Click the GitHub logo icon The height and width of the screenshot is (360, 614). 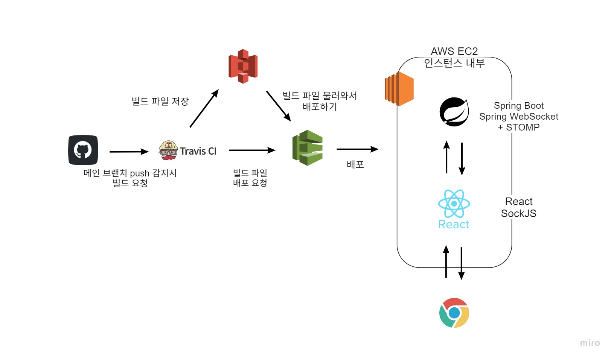point(83,150)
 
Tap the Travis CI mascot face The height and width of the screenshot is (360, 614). point(168,150)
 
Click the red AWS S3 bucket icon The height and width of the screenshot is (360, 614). point(243,66)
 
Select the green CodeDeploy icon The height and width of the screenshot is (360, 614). point(308,148)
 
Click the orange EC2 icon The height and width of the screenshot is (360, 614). point(399,89)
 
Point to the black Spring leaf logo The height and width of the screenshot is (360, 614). point(454,112)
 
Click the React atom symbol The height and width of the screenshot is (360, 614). point(454,204)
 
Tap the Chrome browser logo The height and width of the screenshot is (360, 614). point(454,313)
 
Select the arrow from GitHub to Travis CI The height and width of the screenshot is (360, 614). point(129,152)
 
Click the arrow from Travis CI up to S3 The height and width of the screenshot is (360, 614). point(204,109)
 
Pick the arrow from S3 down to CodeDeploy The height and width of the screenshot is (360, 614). point(279,106)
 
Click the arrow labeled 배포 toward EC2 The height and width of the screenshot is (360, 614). point(357,149)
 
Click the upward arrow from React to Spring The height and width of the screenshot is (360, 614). point(446,157)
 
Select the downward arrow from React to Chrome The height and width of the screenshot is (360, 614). point(462,263)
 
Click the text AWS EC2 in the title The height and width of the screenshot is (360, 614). point(454,51)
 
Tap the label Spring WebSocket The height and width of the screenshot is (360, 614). point(518,117)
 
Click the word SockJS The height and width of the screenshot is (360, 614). point(518,214)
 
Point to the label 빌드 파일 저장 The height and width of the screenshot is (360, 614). point(160,101)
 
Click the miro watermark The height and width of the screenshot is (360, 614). point(590,343)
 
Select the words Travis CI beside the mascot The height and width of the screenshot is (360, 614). point(198,151)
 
